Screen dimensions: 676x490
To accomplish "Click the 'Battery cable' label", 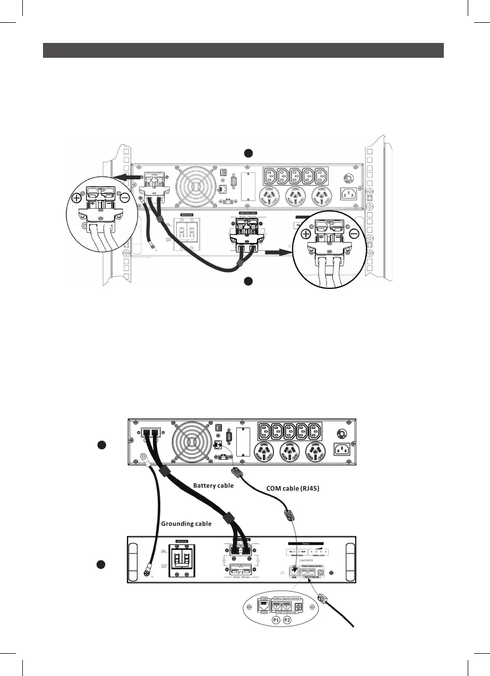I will pyautogui.click(x=213, y=485).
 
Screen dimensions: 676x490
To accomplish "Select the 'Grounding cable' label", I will pyautogui.click(x=186, y=524).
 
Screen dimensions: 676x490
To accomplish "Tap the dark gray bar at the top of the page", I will pyautogui.click(x=243, y=50).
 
